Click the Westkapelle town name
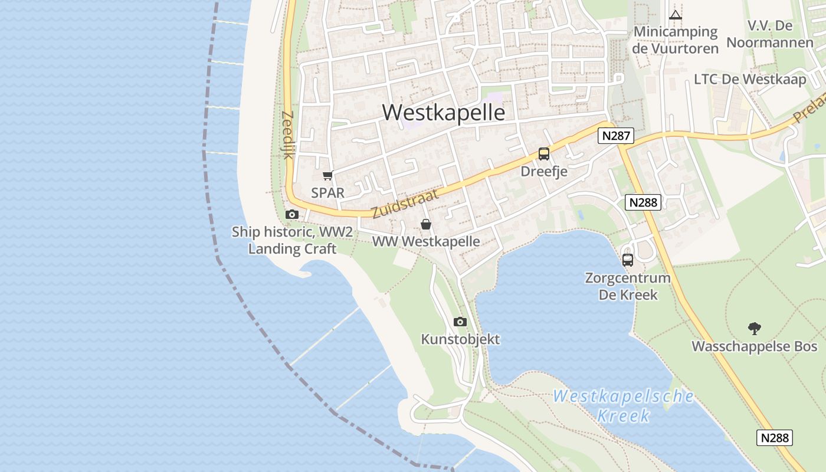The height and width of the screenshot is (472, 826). pos(444,112)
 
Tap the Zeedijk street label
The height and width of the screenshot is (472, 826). pos(288,135)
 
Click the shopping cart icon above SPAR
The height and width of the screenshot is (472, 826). pos(328,175)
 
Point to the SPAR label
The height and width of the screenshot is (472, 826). pos(328,193)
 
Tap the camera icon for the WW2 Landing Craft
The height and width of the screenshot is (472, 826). pos(292,215)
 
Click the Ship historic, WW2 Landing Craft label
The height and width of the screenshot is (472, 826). pos(292,240)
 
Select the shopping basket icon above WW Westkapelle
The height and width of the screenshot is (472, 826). pos(425,224)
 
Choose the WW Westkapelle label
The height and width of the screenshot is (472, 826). pos(425,242)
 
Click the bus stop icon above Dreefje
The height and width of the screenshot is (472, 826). pos(544,154)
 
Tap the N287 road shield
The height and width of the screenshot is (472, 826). pos(616,136)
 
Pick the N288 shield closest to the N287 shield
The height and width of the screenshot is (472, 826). pos(643,202)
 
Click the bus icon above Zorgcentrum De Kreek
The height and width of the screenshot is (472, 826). pos(628,260)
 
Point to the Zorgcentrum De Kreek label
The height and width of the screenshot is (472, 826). pos(628,286)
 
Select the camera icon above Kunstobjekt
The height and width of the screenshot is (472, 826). pos(460,322)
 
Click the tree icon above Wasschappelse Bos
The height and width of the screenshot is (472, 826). pos(754,329)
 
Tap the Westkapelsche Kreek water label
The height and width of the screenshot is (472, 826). pos(624,405)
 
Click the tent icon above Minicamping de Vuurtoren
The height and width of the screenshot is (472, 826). pos(676,15)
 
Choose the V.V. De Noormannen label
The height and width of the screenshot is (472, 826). pos(769,34)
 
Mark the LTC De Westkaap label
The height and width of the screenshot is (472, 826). pos(750,79)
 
